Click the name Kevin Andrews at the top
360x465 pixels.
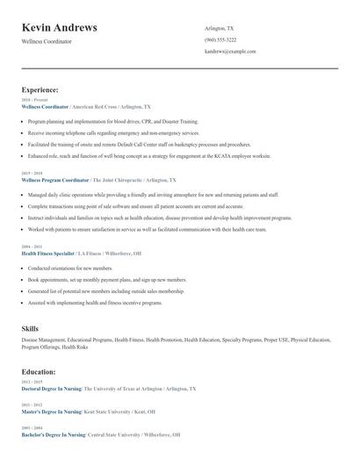(x=60, y=28)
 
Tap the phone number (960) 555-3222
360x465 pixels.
(x=220, y=39)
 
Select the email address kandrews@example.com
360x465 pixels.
(x=230, y=52)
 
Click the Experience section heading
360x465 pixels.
(x=40, y=89)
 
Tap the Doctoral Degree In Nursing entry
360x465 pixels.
(x=52, y=388)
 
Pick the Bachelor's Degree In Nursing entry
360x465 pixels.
(x=53, y=434)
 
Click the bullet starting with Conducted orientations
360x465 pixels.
(x=70, y=268)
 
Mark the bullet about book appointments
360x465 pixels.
(x=85, y=279)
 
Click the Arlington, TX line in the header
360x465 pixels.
(x=220, y=28)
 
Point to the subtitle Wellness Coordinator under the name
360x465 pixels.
(x=47, y=41)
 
